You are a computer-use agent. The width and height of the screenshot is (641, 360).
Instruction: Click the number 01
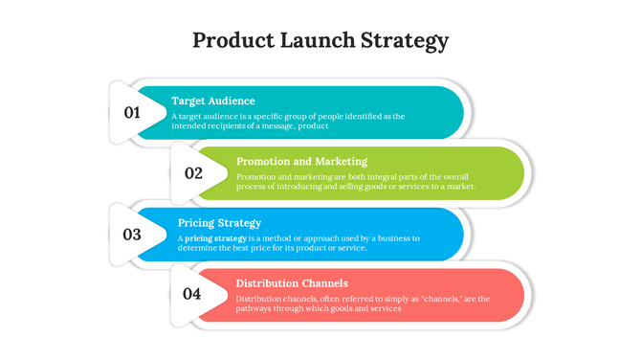[x=132, y=113]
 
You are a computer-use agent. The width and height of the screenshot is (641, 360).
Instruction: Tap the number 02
[x=193, y=173]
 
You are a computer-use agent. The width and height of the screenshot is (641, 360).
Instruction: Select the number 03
[x=132, y=234]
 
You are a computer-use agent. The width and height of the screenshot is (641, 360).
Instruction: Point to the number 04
[x=192, y=294]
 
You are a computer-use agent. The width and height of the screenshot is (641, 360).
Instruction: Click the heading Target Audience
[x=213, y=101]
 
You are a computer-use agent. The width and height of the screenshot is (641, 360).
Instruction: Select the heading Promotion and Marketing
[x=301, y=161]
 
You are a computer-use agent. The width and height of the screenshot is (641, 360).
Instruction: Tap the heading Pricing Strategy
[x=219, y=222]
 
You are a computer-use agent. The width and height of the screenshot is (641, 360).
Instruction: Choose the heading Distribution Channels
[x=292, y=283]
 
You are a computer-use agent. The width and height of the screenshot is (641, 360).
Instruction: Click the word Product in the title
[x=232, y=40]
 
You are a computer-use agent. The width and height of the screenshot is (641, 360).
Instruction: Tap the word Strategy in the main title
[x=405, y=41]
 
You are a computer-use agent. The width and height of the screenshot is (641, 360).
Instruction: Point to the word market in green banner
[x=457, y=187]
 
